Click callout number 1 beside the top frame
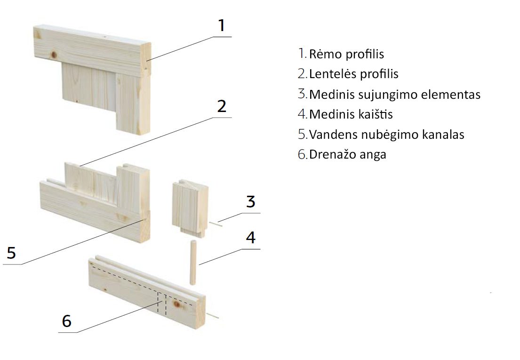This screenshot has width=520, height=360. pyautogui.click(x=222, y=25)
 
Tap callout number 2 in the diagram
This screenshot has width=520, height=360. pyautogui.click(x=222, y=106)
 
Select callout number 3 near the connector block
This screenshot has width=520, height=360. pyautogui.click(x=251, y=201)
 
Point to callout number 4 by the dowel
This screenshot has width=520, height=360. pyautogui.click(x=251, y=237)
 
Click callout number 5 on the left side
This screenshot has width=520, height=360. pyautogui.click(x=11, y=253)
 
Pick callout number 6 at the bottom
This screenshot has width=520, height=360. pyautogui.click(x=67, y=321)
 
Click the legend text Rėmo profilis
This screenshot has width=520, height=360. pyautogui.click(x=346, y=54)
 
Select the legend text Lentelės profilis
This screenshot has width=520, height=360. pyautogui.click(x=353, y=74)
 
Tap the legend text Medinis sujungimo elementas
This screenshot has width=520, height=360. pyautogui.click(x=395, y=95)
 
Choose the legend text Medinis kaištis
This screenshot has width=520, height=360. pyautogui.click(x=351, y=114)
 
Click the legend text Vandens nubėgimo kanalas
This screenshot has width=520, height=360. pyautogui.click(x=387, y=135)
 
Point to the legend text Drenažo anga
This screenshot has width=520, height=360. pyautogui.click(x=348, y=155)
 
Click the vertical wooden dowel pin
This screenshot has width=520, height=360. pyautogui.click(x=192, y=263)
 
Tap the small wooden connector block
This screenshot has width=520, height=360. pyautogui.click(x=191, y=208)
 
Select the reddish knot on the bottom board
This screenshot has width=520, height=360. pyautogui.click(x=177, y=304)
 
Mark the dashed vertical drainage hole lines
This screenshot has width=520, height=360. pyautogui.click(x=161, y=303)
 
